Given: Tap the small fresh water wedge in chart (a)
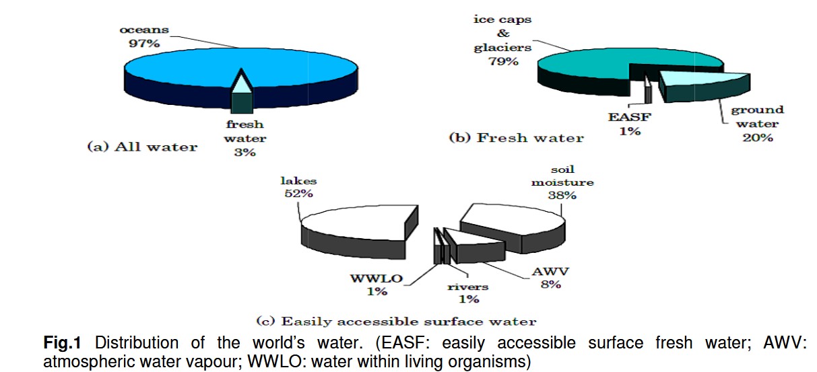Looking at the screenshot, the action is (242, 91).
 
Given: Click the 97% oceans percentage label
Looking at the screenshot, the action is (144, 43).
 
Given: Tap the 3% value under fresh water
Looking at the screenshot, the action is (244, 152).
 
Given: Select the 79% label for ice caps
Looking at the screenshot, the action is (503, 61).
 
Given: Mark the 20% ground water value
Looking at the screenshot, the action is (758, 137).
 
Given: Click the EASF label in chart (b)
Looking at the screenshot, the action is (630, 117).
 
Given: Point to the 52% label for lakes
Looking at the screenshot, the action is (299, 193).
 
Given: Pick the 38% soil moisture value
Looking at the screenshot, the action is (562, 195).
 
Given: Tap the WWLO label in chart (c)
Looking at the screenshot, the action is (377, 278).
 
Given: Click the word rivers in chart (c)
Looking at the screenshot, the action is (468, 287).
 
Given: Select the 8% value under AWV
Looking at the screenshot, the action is (551, 284).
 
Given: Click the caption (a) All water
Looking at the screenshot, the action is (142, 147).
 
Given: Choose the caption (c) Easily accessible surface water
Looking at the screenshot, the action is (396, 322).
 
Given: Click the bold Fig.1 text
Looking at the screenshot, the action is (62, 342).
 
